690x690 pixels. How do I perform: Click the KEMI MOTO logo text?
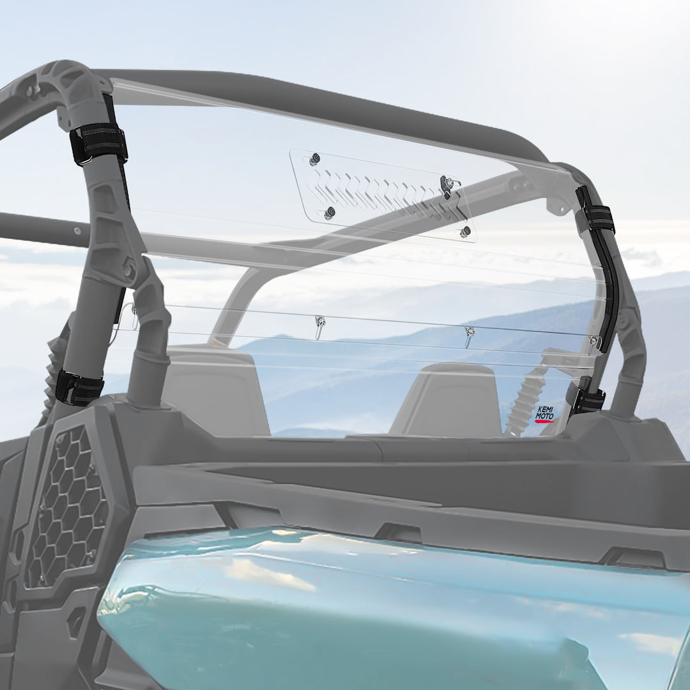pos(544,412)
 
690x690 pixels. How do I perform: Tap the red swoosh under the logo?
pos(544,421)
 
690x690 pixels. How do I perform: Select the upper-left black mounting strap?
pos(98,144)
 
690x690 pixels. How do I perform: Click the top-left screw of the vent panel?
pos(314,160)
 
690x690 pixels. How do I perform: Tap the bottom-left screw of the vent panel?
pos(330,213)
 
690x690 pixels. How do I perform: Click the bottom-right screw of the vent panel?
pos(465,231)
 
